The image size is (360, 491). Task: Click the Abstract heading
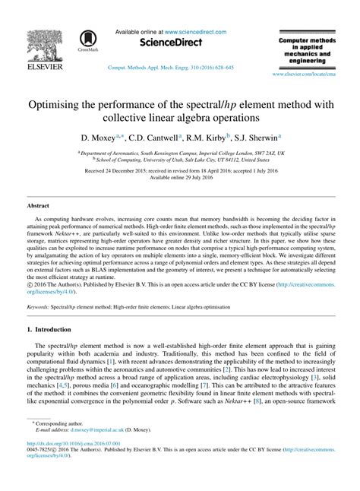click(x=38, y=206)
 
